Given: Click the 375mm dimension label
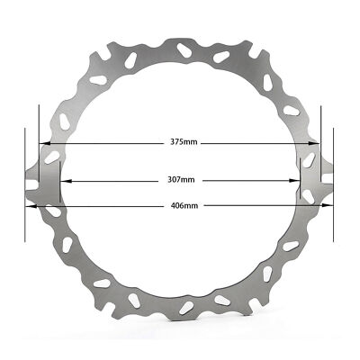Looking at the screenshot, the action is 184,141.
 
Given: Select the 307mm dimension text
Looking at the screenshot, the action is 181,180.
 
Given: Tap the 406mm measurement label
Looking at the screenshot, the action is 184,206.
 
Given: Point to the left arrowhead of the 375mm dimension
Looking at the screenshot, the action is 45,143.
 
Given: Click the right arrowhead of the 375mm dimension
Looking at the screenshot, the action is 314,143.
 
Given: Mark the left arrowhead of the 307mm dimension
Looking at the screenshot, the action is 67,181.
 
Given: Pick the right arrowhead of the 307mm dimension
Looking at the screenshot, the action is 294,181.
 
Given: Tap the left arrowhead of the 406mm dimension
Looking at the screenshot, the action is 31,206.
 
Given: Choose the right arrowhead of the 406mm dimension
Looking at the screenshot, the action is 328,205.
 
